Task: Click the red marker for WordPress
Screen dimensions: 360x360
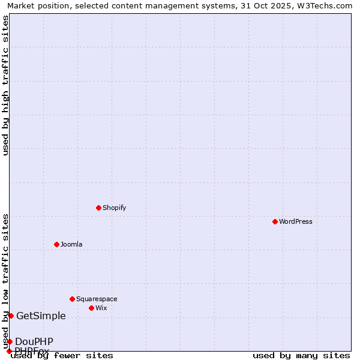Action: click(275, 221)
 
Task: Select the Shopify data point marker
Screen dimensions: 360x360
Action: click(98, 208)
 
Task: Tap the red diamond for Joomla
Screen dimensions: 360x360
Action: click(56, 244)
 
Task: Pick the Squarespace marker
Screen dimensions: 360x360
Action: click(72, 299)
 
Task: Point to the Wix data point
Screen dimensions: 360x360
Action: click(91, 308)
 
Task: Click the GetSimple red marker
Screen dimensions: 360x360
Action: click(11, 316)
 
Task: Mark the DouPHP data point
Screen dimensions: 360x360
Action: click(10, 341)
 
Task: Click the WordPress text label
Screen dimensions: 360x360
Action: click(296, 221)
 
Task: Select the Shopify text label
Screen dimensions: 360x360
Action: click(114, 208)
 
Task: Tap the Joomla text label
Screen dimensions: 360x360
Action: click(71, 244)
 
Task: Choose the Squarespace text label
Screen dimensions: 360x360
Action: click(97, 299)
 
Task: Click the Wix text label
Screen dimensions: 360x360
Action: click(101, 308)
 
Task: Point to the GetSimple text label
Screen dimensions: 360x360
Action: click(41, 316)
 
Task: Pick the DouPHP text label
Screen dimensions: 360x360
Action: click(34, 342)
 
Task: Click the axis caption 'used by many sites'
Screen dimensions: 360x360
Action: click(301, 355)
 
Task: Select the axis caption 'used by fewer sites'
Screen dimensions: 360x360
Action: click(62, 355)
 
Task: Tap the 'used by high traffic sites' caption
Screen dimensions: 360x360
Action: click(5, 85)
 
